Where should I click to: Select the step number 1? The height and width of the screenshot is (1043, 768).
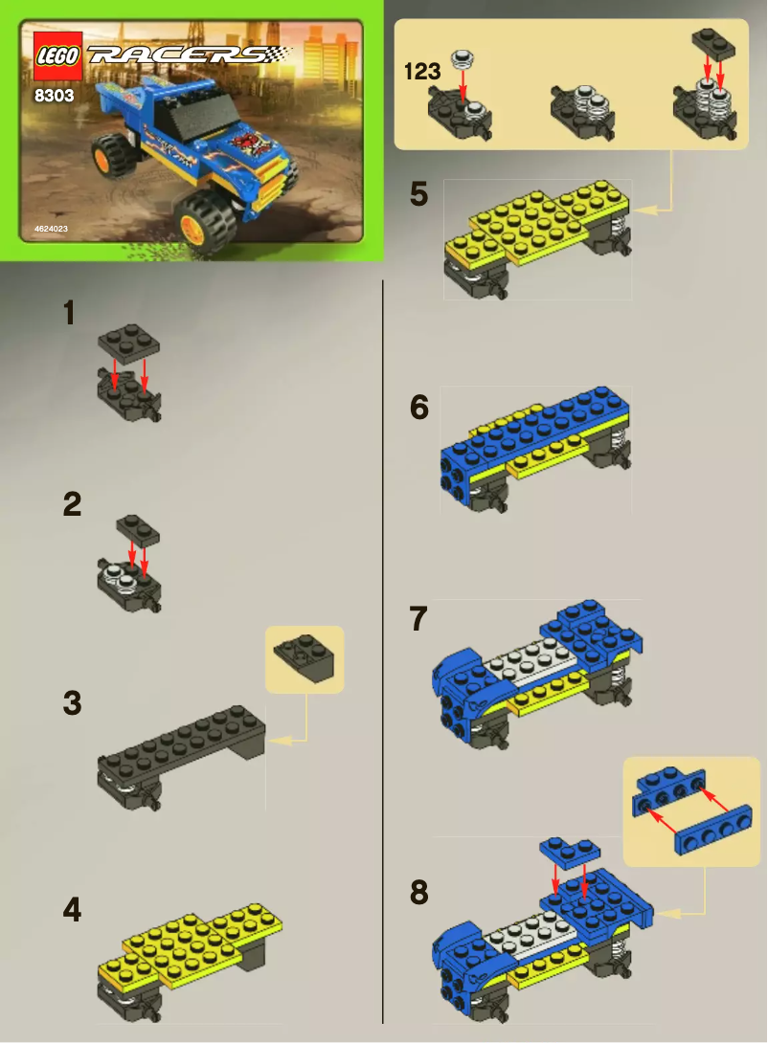coord(69,314)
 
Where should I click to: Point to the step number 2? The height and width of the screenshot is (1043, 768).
coord(71,505)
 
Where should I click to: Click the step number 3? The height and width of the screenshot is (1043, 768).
coord(72,703)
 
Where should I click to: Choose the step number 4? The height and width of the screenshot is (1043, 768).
coord(72,910)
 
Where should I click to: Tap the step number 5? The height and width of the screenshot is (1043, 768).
coord(418,194)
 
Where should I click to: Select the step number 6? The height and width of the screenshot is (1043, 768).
coord(418,408)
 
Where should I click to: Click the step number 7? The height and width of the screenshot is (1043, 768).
coord(418,619)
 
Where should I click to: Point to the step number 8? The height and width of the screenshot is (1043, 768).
coord(418,894)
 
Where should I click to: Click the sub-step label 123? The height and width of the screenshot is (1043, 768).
coord(421,72)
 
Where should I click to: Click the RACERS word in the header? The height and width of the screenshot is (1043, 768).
coord(176,55)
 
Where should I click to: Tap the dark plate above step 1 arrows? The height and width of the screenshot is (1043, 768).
coord(128,343)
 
